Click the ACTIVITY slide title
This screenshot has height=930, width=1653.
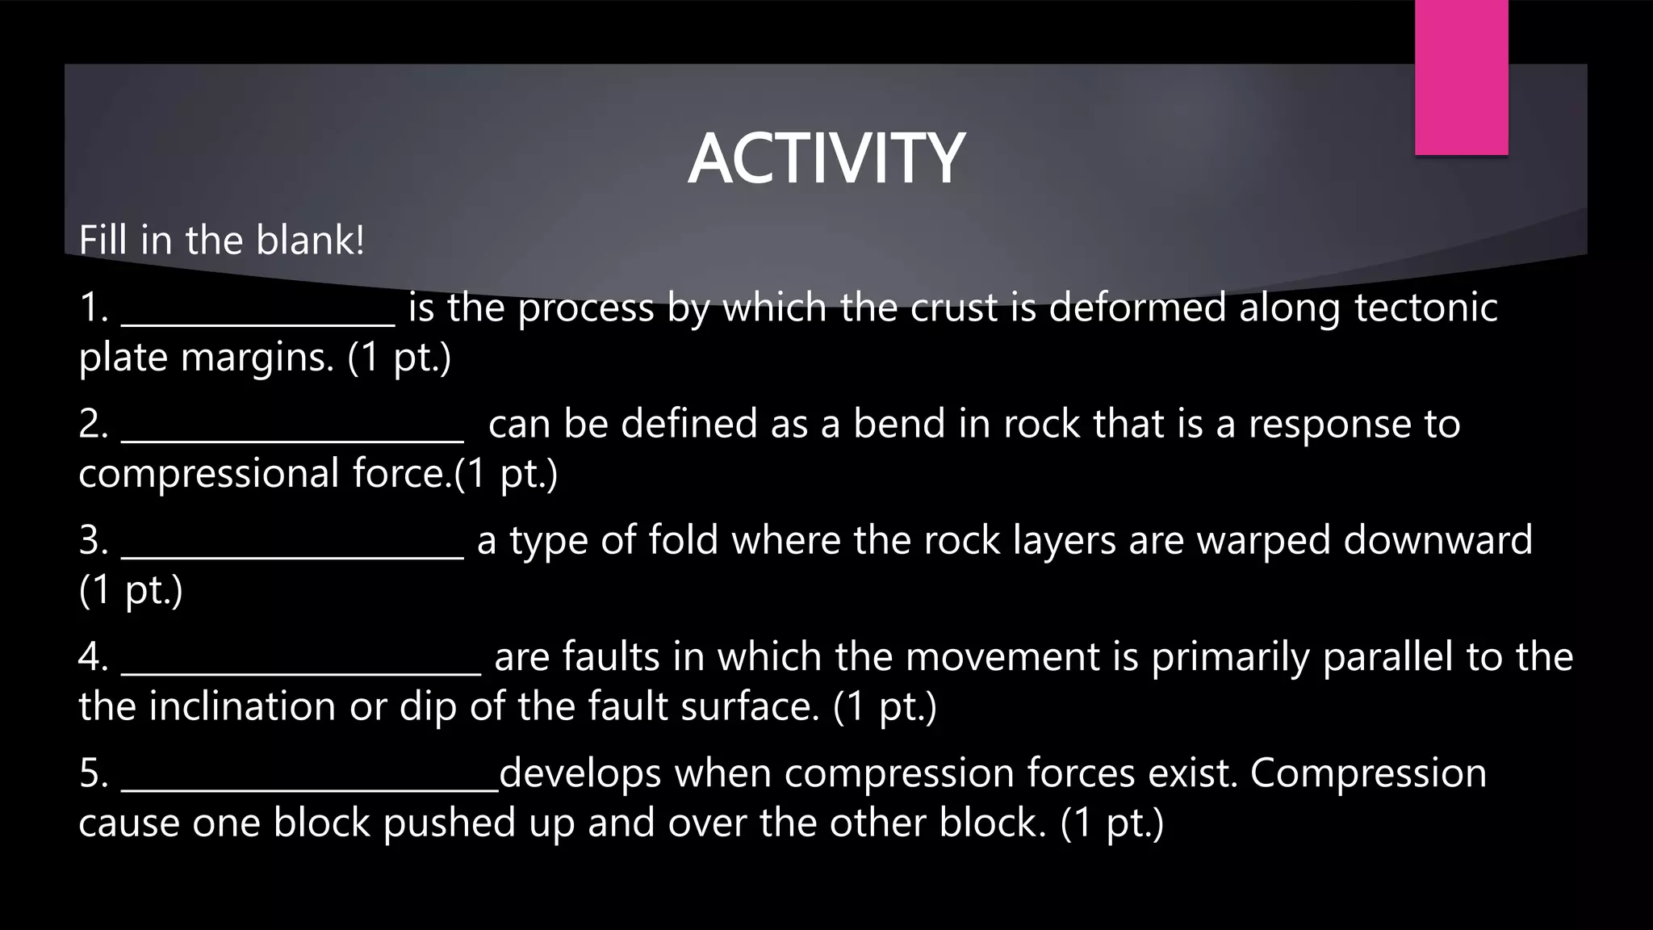point(826,158)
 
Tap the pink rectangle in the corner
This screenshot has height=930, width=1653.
point(1461,77)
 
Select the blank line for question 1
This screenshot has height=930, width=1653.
point(258,323)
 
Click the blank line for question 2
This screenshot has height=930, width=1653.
point(292,439)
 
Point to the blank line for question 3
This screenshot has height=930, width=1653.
point(292,555)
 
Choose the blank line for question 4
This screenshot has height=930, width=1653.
point(301,672)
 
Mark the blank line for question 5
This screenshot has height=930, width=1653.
point(310,788)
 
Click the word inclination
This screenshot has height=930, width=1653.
point(242,706)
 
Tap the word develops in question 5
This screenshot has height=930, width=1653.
point(580,773)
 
